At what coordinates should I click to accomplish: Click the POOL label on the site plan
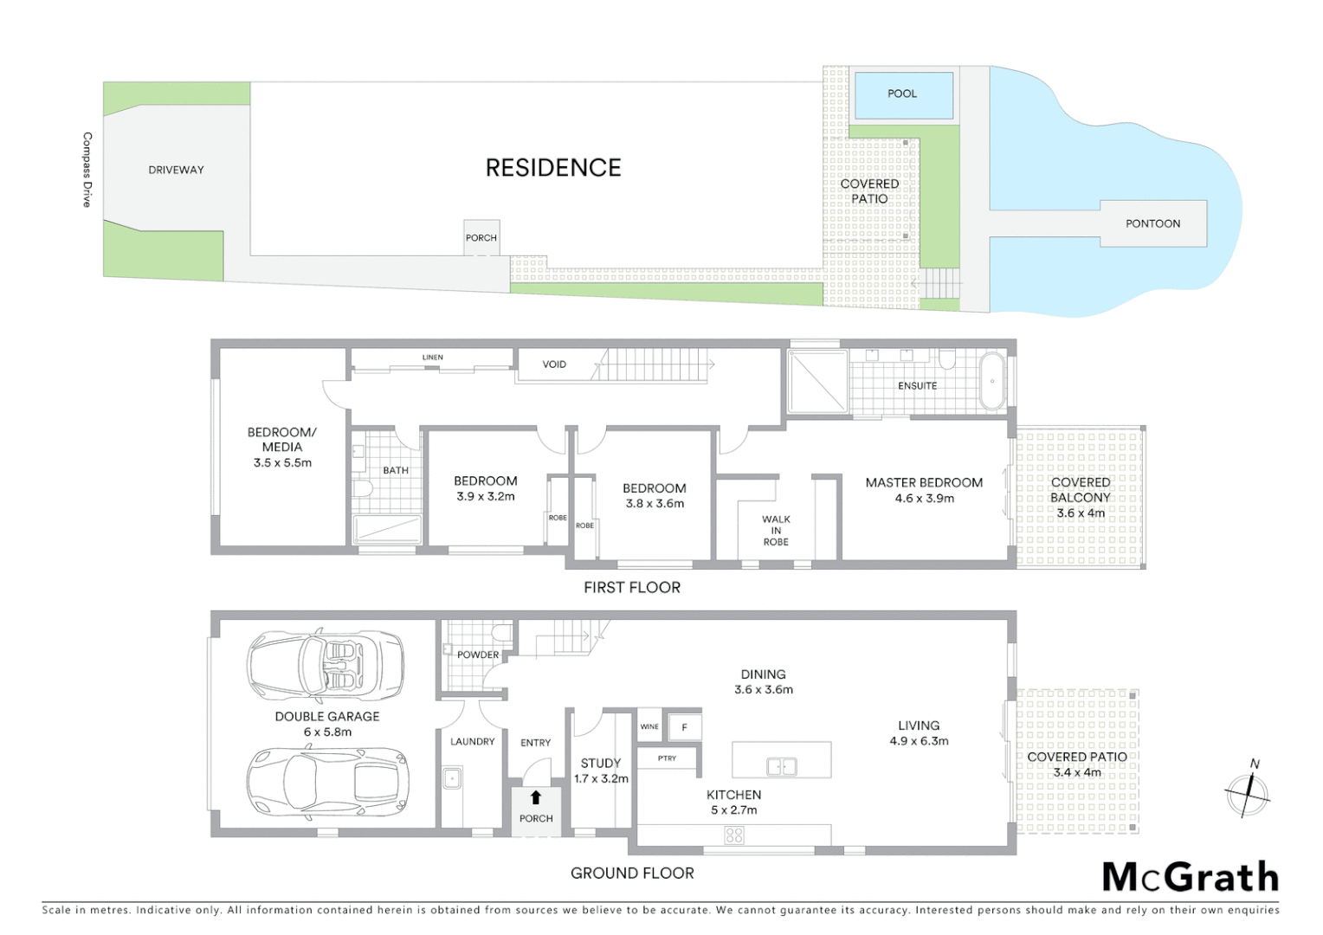pos(901,93)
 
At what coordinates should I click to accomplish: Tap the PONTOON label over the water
pos(1152,223)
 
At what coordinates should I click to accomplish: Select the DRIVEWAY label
pos(176,170)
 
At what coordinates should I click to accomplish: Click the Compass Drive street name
pos(87,170)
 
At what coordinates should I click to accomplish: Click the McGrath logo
pos(1190,877)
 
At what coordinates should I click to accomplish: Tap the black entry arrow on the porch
pos(535,797)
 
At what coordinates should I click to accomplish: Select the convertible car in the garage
pos(326,665)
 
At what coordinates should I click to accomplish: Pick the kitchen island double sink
pos(781,766)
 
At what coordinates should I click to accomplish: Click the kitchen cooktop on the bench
pos(734,835)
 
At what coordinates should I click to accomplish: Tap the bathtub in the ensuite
pos(992,381)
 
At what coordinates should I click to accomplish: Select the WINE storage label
pos(649,726)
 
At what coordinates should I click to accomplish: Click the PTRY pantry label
pos(667,758)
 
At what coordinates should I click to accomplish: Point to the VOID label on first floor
pos(554,364)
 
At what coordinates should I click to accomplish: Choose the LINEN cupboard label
pos(433,357)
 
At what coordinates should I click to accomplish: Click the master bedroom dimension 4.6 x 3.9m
pos(924,499)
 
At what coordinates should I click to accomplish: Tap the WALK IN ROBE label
pos(776,531)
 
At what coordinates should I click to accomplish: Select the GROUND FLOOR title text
pos(632,874)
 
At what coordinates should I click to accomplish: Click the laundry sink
pos(452,778)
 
